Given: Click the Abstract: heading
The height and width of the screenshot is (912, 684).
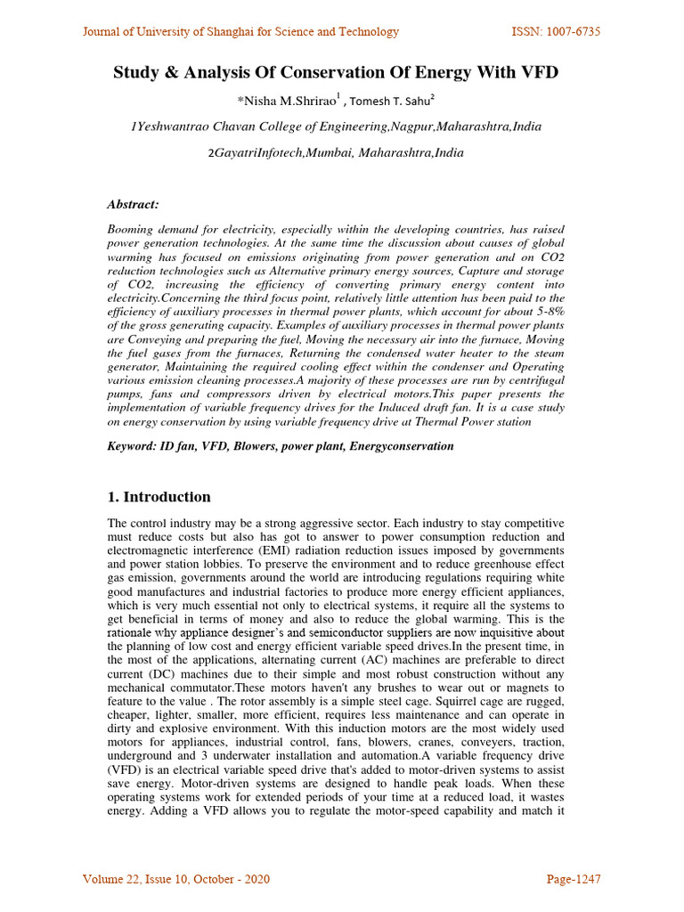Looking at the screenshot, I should click(133, 204).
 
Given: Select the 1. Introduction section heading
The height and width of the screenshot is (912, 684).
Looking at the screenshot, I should click(159, 497).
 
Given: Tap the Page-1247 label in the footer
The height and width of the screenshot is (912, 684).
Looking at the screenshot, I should click(573, 880).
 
